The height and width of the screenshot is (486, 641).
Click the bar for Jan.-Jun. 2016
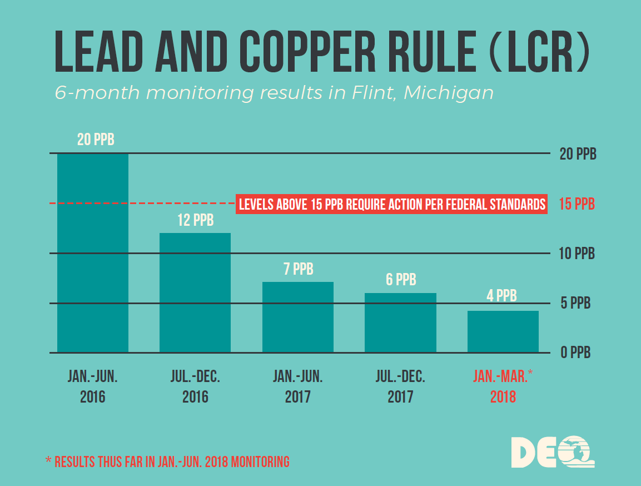point(93,253)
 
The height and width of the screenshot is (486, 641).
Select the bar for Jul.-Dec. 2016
point(195,292)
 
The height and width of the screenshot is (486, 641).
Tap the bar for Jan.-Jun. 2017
point(298,317)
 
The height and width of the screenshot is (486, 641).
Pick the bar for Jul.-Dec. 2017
point(400,323)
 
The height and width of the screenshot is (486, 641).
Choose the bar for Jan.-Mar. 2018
point(503,331)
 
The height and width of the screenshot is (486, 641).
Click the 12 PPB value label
point(195,221)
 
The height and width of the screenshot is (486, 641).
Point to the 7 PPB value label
point(298,270)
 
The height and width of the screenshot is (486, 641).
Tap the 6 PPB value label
point(401,280)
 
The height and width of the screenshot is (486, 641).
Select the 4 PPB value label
point(502,296)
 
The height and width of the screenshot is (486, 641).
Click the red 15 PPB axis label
point(577,204)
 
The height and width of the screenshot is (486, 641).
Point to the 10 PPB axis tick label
point(577,254)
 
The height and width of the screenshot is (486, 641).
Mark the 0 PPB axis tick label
point(575,353)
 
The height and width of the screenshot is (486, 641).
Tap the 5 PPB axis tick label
point(575,304)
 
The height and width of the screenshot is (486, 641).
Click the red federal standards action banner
point(392,204)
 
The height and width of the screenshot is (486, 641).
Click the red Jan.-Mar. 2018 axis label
point(503,386)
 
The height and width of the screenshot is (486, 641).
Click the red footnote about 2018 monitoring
point(167,462)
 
